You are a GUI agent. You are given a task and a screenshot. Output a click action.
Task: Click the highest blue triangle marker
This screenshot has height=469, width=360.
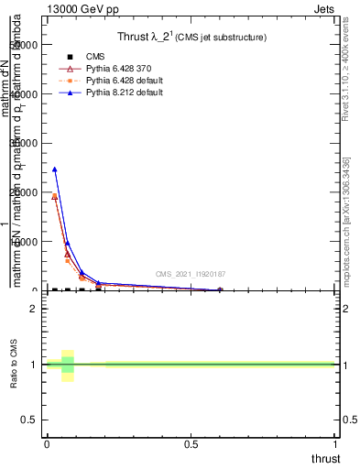click(x=54, y=169)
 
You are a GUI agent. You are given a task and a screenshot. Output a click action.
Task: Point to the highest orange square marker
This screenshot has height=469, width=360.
click(x=54, y=196)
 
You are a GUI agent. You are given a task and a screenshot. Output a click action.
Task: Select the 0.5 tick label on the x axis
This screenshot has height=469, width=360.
click(x=191, y=444)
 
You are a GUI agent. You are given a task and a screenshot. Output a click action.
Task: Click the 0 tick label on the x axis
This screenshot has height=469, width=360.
click(x=47, y=444)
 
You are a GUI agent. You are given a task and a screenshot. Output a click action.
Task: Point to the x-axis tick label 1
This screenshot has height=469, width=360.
click(x=335, y=444)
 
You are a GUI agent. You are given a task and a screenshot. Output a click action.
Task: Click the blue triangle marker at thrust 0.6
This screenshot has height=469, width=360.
click(x=220, y=289)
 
